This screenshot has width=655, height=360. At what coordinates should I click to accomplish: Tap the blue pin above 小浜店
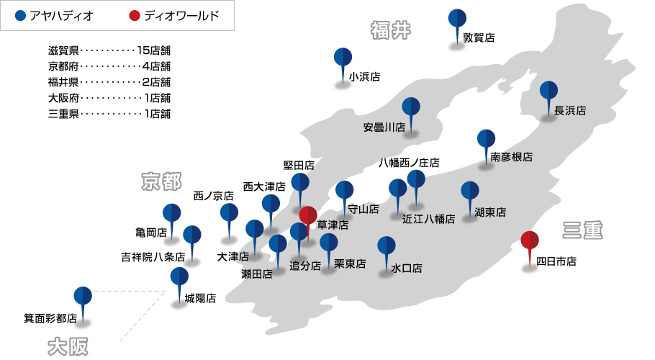[x=343, y=58]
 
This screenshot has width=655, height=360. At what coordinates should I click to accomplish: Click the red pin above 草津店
[x=307, y=215]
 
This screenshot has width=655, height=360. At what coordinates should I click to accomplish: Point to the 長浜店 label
[x=570, y=111]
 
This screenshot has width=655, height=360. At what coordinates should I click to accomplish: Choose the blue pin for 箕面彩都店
[x=83, y=296]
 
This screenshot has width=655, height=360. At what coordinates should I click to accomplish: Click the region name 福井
[x=391, y=30]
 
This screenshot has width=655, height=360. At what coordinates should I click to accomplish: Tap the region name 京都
[x=161, y=181]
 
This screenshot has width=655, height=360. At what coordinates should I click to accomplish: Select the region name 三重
[x=582, y=230]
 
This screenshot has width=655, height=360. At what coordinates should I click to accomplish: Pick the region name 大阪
[x=68, y=346]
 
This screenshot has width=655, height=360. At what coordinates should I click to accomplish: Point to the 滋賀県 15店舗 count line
[x=109, y=50]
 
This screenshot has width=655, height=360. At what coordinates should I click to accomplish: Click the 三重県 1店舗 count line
[x=109, y=114]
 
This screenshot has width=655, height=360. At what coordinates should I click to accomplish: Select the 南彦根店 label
[x=512, y=156]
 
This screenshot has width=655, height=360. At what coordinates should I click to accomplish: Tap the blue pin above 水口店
[x=387, y=246]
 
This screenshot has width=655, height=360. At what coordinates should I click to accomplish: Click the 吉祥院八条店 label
[x=153, y=256]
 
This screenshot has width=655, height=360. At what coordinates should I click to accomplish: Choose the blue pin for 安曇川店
[x=410, y=107]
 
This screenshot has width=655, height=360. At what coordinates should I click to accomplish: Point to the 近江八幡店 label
[x=428, y=219]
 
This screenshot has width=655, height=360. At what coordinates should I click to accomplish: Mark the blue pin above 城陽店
[x=179, y=277]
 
